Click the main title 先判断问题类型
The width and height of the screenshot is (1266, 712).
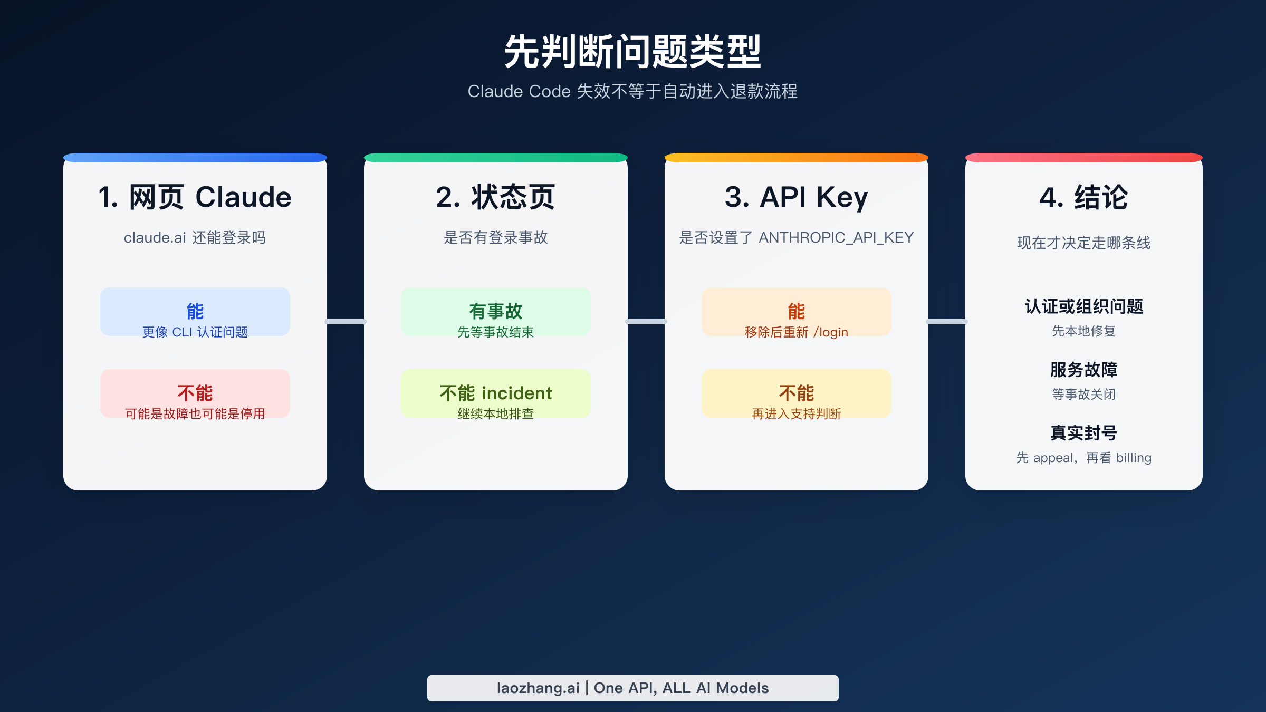pyautogui.click(x=632, y=52)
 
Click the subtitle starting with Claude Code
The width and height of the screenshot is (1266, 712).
pyautogui.click(x=632, y=91)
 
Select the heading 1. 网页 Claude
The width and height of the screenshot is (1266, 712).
pyautogui.click(x=195, y=197)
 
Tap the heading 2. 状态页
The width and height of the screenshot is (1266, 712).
pyautogui.click(x=495, y=197)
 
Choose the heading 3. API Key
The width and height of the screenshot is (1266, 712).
pyautogui.click(x=796, y=197)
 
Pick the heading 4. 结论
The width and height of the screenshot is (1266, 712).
pyautogui.click(x=1083, y=197)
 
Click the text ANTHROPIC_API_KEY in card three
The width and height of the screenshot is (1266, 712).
pyautogui.click(x=836, y=238)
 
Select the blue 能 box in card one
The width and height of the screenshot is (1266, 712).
pyautogui.click(x=195, y=312)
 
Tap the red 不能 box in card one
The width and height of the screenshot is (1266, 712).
pyautogui.click(x=195, y=393)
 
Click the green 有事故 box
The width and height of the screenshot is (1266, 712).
pyautogui.click(x=495, y=312)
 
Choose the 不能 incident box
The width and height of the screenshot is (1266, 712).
pyautogui.click(x=495, y=393)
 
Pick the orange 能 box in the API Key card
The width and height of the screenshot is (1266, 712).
pyautogui.click(x=796, y=312)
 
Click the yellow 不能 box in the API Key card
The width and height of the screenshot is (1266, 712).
pyautogui.click(x=796, y=393)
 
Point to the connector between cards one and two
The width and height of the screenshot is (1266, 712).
pyautogui.click(x=346, y=321)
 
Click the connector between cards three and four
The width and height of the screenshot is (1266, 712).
pyautogui.click(x=947, y=321)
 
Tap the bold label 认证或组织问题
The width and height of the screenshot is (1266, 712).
pyautogui.click(x=1083, y=306)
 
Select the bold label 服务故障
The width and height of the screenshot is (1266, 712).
pyautogui.click(x=1083, y=370)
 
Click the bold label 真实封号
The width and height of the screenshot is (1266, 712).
pyautogui.click(x=1083, y=433)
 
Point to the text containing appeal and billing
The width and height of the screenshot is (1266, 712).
pyautogui.click(x=1083, y=458)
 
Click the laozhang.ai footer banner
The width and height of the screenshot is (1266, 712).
pyautogui.click(x=632, y=688)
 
